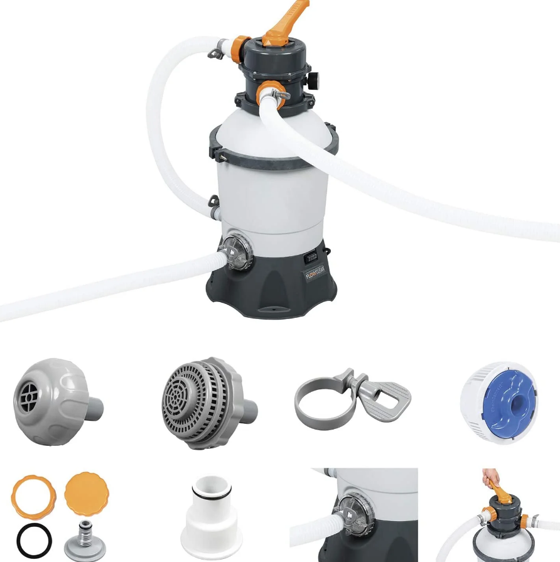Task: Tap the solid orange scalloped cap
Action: pos(85,493)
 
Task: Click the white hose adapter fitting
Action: pos(212,516)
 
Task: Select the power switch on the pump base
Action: pos(311,256)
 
